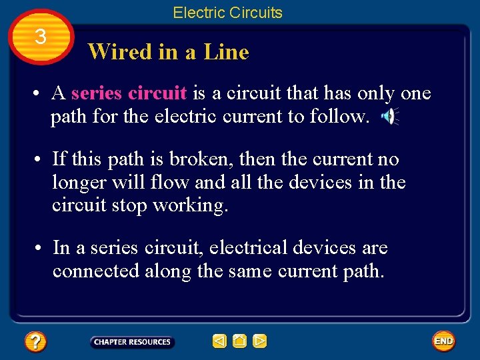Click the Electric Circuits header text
click(227, 13)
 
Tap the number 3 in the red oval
click(41, 37)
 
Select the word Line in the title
click(226, 52)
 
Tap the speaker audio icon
click(389, 117)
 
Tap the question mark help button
click(35, 342)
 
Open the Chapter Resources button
click(132, 342)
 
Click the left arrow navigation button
click(219, 341)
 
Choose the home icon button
click(240, 341)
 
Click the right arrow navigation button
click(260, 341)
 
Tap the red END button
click(443, 341)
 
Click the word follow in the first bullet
click(338, 117)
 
